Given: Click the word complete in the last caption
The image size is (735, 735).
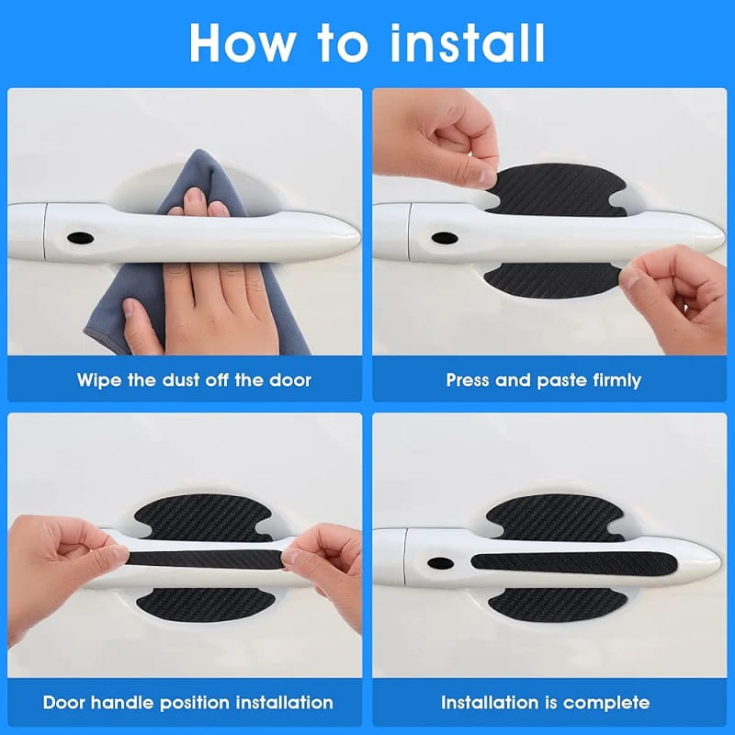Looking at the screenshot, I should [x=604, y=703].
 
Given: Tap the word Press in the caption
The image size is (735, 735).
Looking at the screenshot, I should [x=469, y=379].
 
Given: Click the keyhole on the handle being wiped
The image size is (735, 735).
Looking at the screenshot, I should [x=80, y=238].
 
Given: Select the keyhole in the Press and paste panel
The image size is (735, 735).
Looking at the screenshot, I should [x=445, y=238].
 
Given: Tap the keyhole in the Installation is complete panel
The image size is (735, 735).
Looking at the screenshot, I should [x=440, y=562].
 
